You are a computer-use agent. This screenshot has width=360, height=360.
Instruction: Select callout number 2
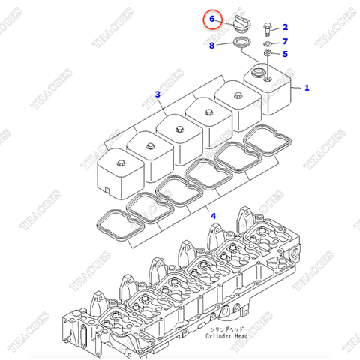click(285, 27)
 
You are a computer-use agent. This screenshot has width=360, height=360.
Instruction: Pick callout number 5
click(285, 54)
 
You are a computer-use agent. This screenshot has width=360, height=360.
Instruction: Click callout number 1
click(307, 88)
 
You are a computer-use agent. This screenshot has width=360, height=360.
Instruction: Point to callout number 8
click(212, 46)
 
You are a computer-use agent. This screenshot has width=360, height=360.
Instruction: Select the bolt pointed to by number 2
click(267, 29)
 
